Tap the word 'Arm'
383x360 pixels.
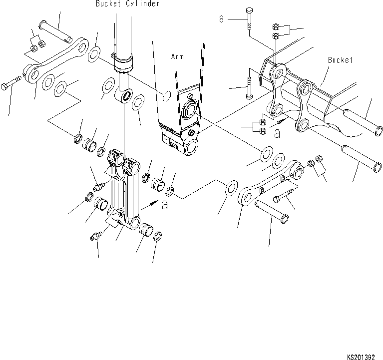(177, 57)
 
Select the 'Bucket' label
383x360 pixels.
(340, 60)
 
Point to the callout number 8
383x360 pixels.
(221, 19)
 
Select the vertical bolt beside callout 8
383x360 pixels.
(249, 22)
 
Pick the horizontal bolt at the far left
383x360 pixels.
(11, 82)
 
